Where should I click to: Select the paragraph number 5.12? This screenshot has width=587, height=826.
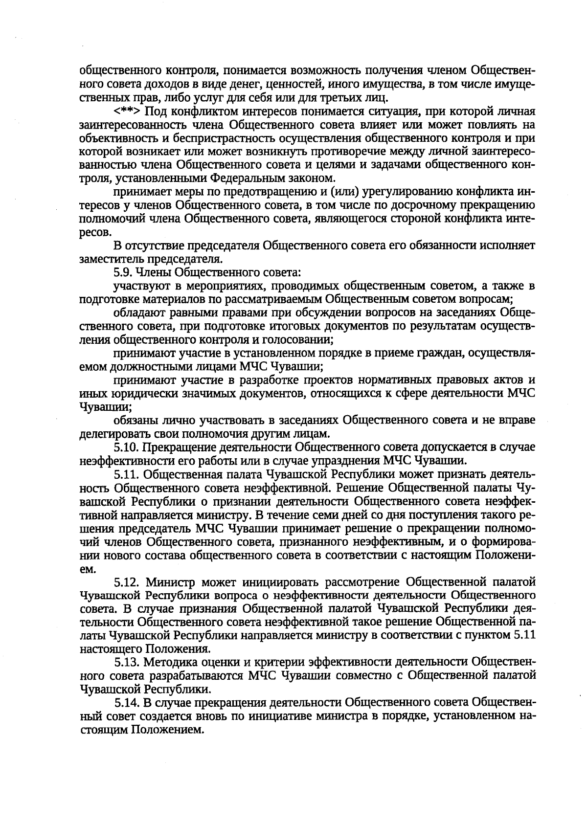(128, 582)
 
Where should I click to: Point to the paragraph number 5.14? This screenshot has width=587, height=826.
(127, 703)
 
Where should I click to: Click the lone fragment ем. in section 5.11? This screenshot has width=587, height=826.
(86, 569)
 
